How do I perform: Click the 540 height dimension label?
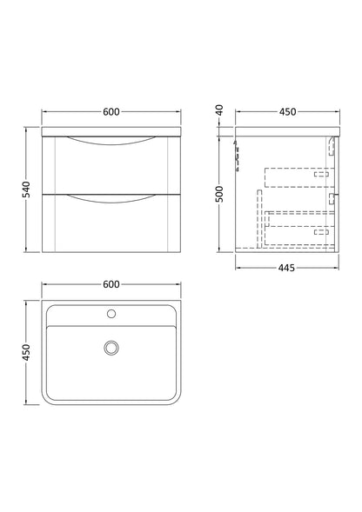27,190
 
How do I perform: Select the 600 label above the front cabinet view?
111,111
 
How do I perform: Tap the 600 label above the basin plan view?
111,283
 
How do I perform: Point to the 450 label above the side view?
286,111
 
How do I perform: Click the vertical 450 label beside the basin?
27,351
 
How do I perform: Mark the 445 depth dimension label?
286,268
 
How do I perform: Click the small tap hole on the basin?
111,312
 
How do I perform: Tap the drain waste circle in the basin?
111,348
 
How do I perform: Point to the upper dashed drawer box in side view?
298,176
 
